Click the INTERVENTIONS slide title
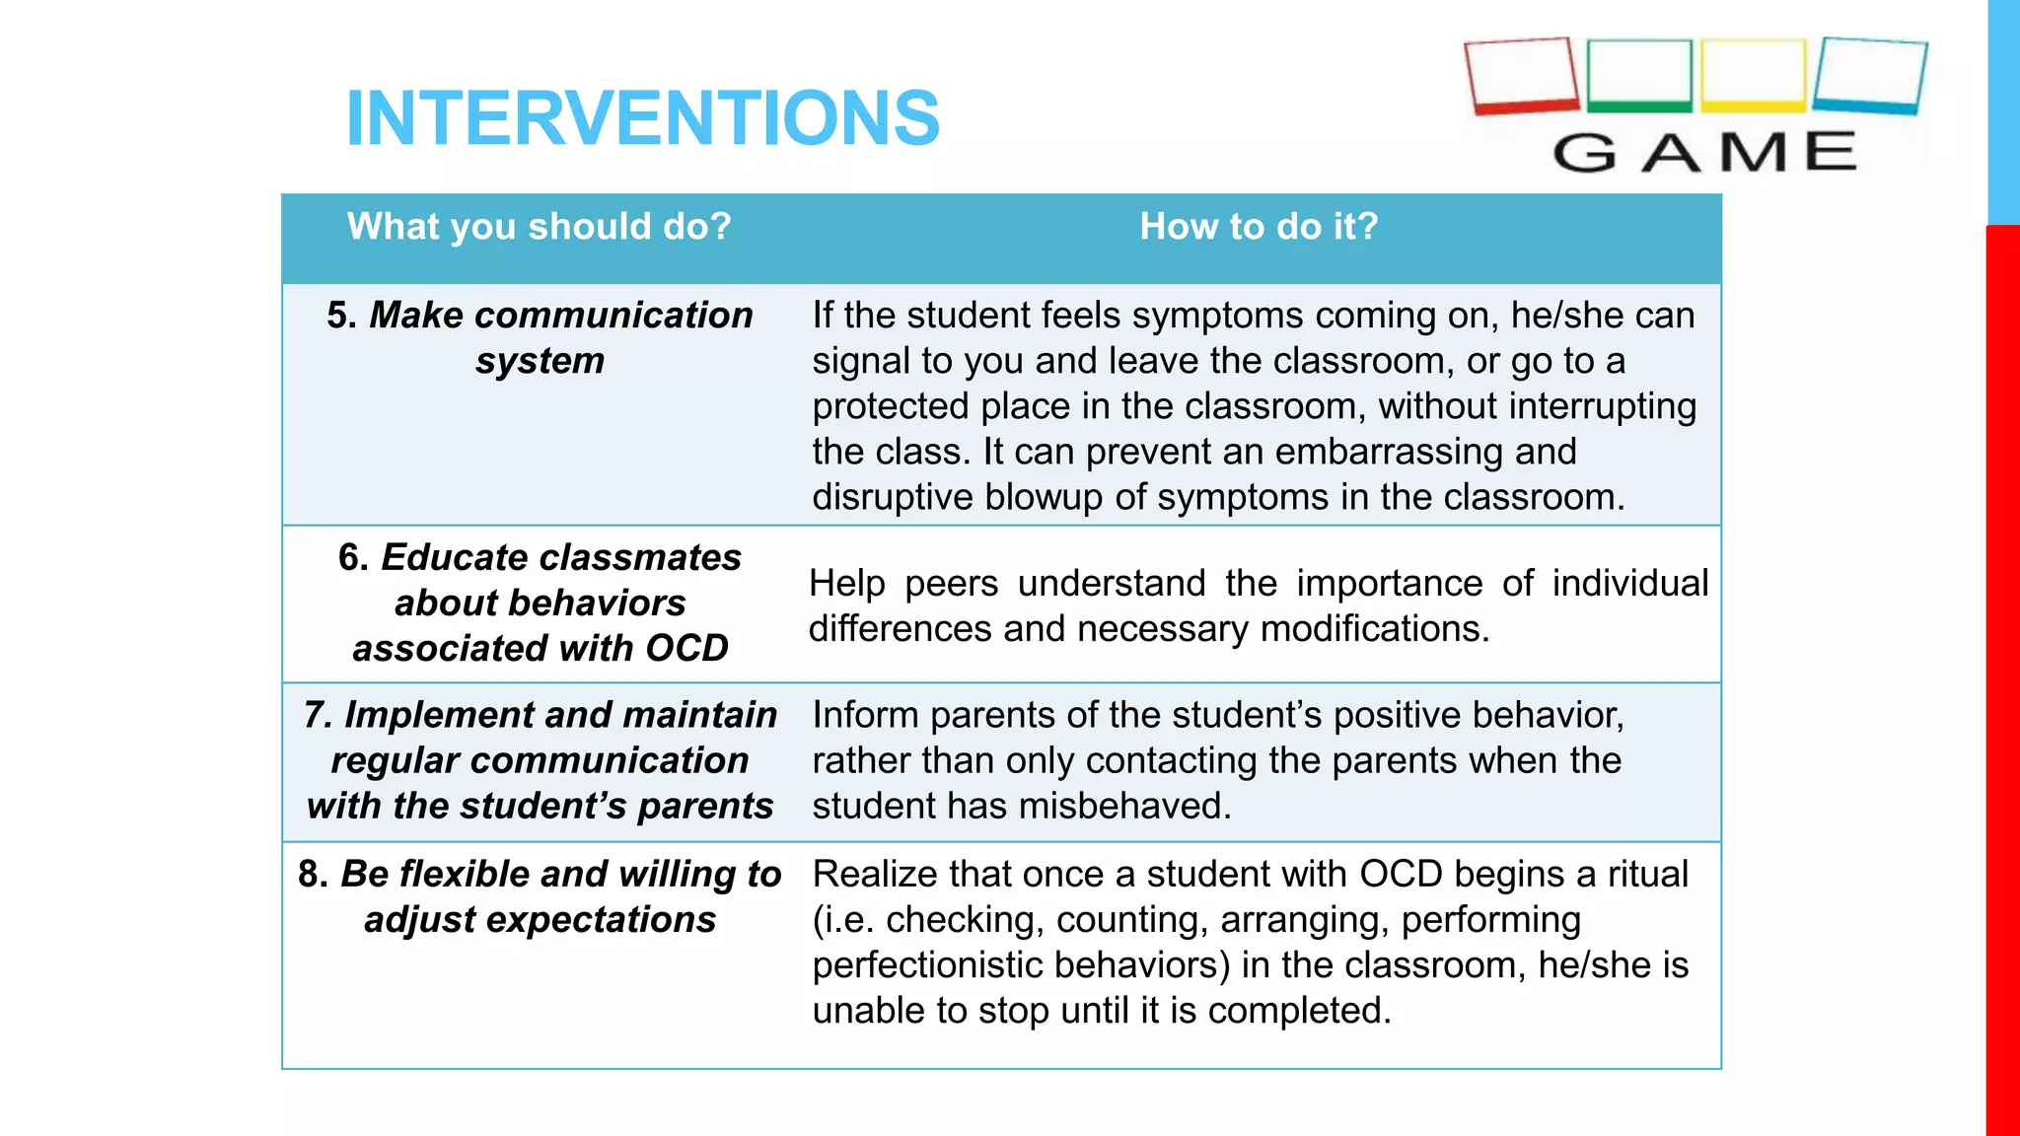(x=643, y=118)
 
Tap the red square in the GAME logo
(x=1521, y=75)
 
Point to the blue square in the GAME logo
(x=1869, y=75)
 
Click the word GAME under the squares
(x=1704, y=153)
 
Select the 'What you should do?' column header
(x=540, y=227)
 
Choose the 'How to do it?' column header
(x=1259, y=227)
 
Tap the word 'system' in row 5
(x=540, y=361)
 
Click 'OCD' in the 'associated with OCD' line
(x=686, y=649)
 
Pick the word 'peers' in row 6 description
(x=951, y=584)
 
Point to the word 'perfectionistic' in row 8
(x=913, y=965)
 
